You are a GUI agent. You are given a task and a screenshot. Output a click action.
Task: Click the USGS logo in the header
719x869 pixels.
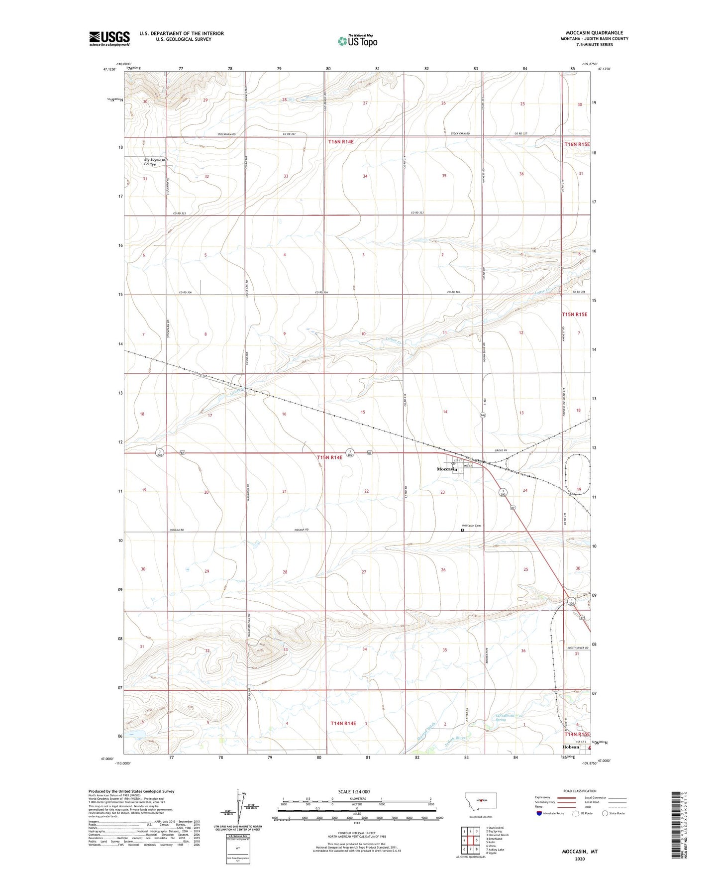109,38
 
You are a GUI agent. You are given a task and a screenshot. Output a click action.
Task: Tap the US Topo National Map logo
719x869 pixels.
357,41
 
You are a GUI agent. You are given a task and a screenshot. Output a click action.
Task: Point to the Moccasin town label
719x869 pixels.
446,469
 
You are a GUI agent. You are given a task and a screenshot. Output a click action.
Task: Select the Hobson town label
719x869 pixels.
570,747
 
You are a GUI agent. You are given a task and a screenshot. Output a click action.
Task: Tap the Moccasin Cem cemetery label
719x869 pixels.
471,526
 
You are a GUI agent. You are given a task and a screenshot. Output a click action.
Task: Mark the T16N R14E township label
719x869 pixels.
341,142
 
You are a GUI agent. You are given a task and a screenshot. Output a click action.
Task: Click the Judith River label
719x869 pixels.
453,739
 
